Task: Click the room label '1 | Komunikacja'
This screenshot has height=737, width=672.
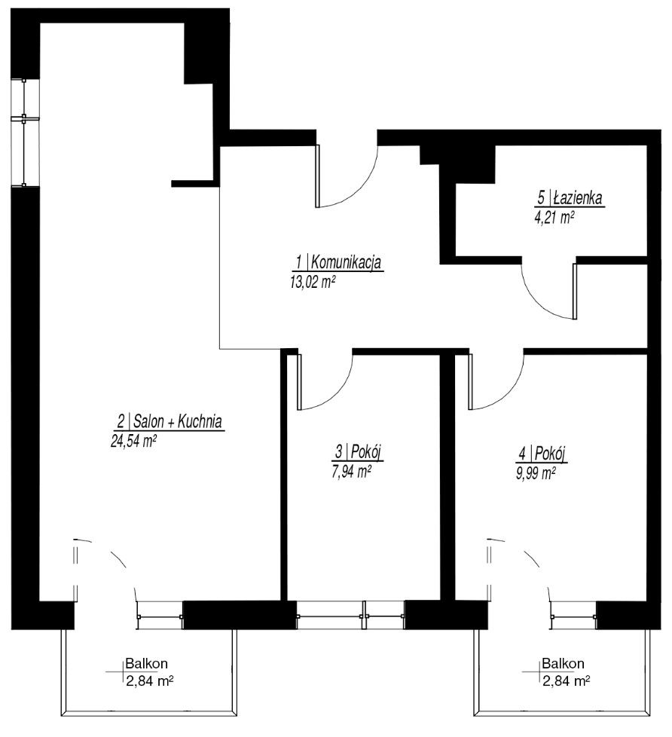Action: tap(338, 261)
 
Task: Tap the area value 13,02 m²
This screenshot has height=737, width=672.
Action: tap(313, 282)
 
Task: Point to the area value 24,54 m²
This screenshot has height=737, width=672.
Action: tap(133, 442)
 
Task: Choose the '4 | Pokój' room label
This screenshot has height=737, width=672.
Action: tap(542, 454)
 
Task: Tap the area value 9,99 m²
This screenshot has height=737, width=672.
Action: tap(536, 472)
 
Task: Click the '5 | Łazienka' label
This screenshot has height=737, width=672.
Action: tap(570, 198)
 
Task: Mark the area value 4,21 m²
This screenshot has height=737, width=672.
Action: tap(555, 218)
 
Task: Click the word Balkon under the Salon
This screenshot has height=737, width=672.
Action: tap(147, 664)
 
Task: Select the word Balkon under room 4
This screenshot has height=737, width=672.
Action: tap(563, 664)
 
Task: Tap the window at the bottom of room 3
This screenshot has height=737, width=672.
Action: tap(350, 615)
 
